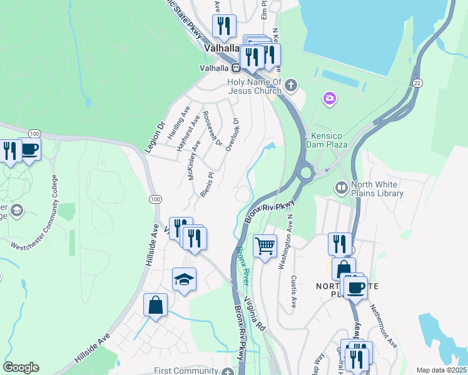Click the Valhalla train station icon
[x=237, y=68]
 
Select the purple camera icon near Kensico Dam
[x=329, y=98]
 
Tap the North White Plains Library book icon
[x=341, y=187]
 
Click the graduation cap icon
[x=184, y=279]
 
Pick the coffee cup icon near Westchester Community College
[x=29, y=149]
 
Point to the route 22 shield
[x=417, y=83]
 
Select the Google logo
[x=21, y=367]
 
